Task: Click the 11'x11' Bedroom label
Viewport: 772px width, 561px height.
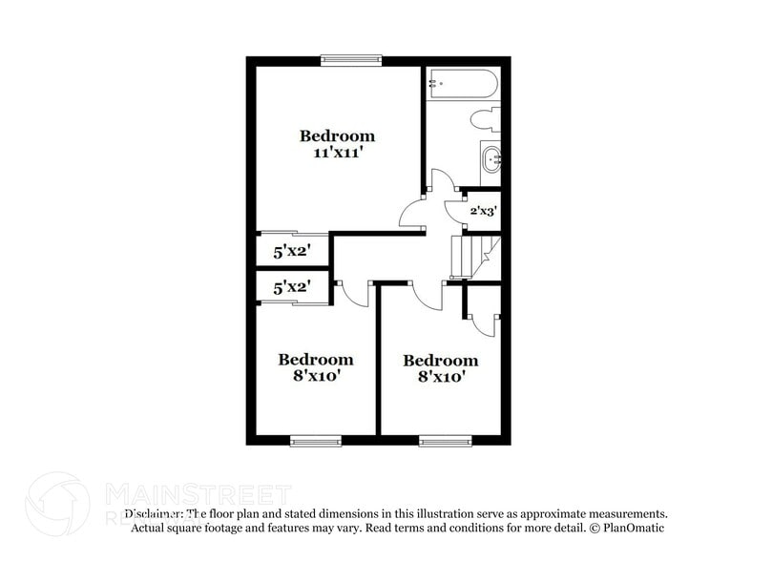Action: tap(337, 144)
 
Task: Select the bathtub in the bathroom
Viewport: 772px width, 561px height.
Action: tap(461, 83)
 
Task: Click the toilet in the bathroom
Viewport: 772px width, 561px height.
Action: tap(487, 122)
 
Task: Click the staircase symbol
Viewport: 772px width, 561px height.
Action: tap(472, 256)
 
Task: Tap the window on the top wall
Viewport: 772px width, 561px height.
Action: tap(349, 60)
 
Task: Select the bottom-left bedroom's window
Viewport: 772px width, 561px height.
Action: tap(315, 440)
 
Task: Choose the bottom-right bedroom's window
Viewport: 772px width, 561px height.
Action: tap(444, 440)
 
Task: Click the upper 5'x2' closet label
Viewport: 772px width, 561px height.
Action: tap(292, 253)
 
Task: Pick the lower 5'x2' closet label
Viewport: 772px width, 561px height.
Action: tap(292, 286)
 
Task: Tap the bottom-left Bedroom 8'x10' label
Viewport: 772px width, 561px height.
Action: tap(315, 367)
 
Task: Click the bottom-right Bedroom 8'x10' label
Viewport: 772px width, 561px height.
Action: tap(440, 368)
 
